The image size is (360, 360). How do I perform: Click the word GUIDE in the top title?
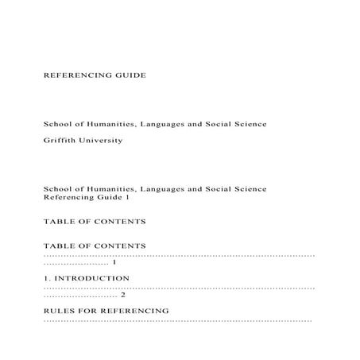[128, 76]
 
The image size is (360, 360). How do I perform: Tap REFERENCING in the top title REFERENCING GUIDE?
[76, 76]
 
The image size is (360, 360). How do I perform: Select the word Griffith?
[60, 140]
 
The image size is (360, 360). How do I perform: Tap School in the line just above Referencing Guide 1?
[57, 188]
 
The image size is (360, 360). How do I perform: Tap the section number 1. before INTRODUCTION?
[46, 278]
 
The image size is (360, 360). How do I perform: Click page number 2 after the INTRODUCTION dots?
[122, 295]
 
